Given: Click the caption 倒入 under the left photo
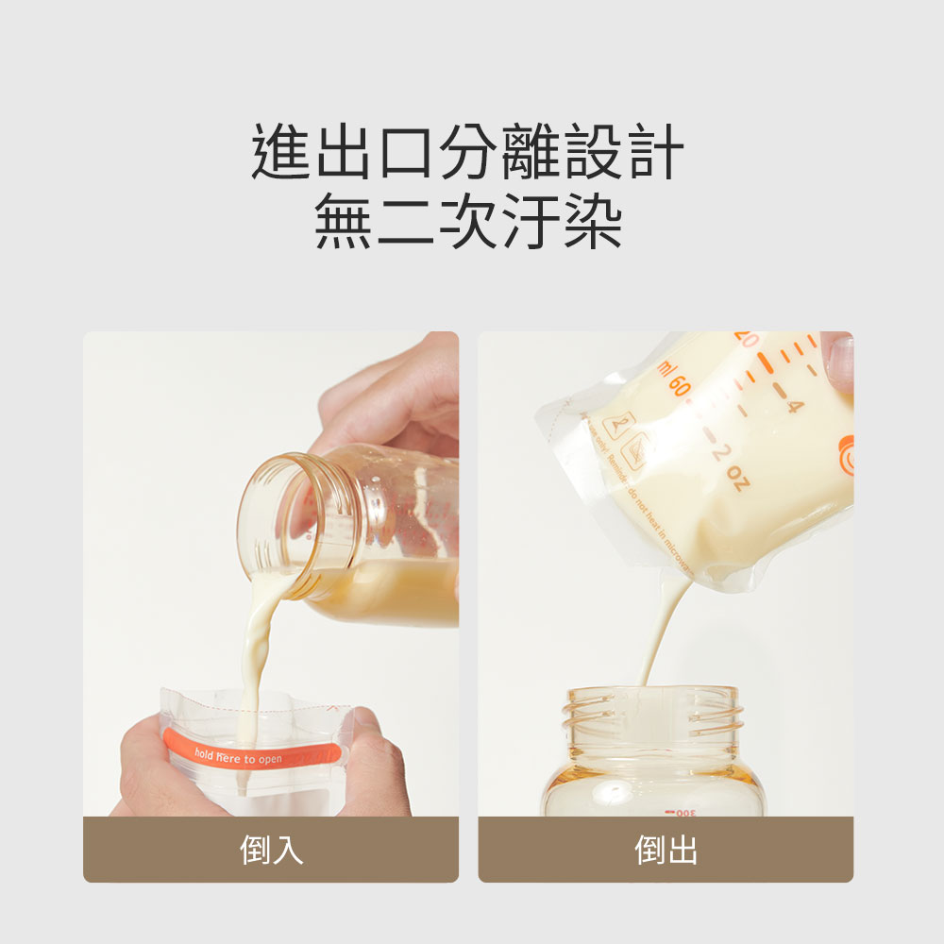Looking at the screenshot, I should click(271, 850).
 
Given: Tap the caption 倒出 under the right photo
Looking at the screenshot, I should click(666, 850).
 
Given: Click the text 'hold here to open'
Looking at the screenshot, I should click(238, 757).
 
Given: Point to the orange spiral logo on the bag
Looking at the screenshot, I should click(846, 453).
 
